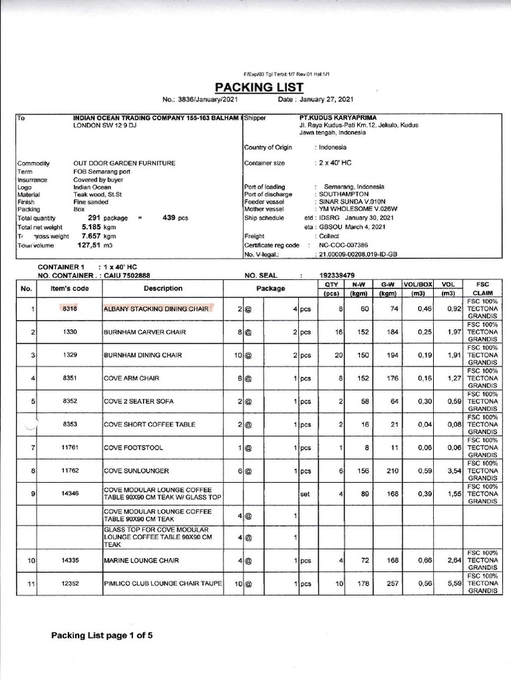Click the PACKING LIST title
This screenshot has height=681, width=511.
(x=258, y=87)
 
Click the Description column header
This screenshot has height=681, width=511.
(x=162, y=288)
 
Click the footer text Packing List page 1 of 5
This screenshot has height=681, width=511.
(x=102, y=635)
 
